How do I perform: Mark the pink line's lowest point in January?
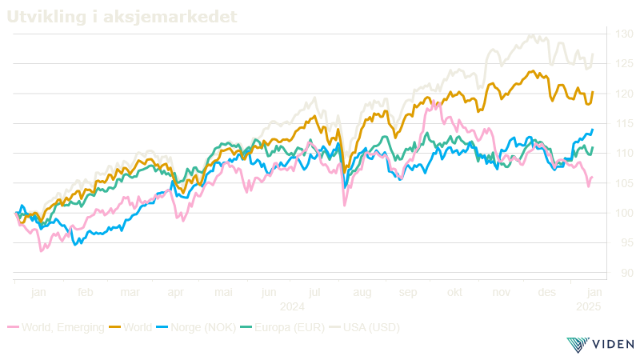pyautogui.click(x=42, y=251)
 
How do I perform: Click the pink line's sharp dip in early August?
pyautogui.click(x=345, y=206)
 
